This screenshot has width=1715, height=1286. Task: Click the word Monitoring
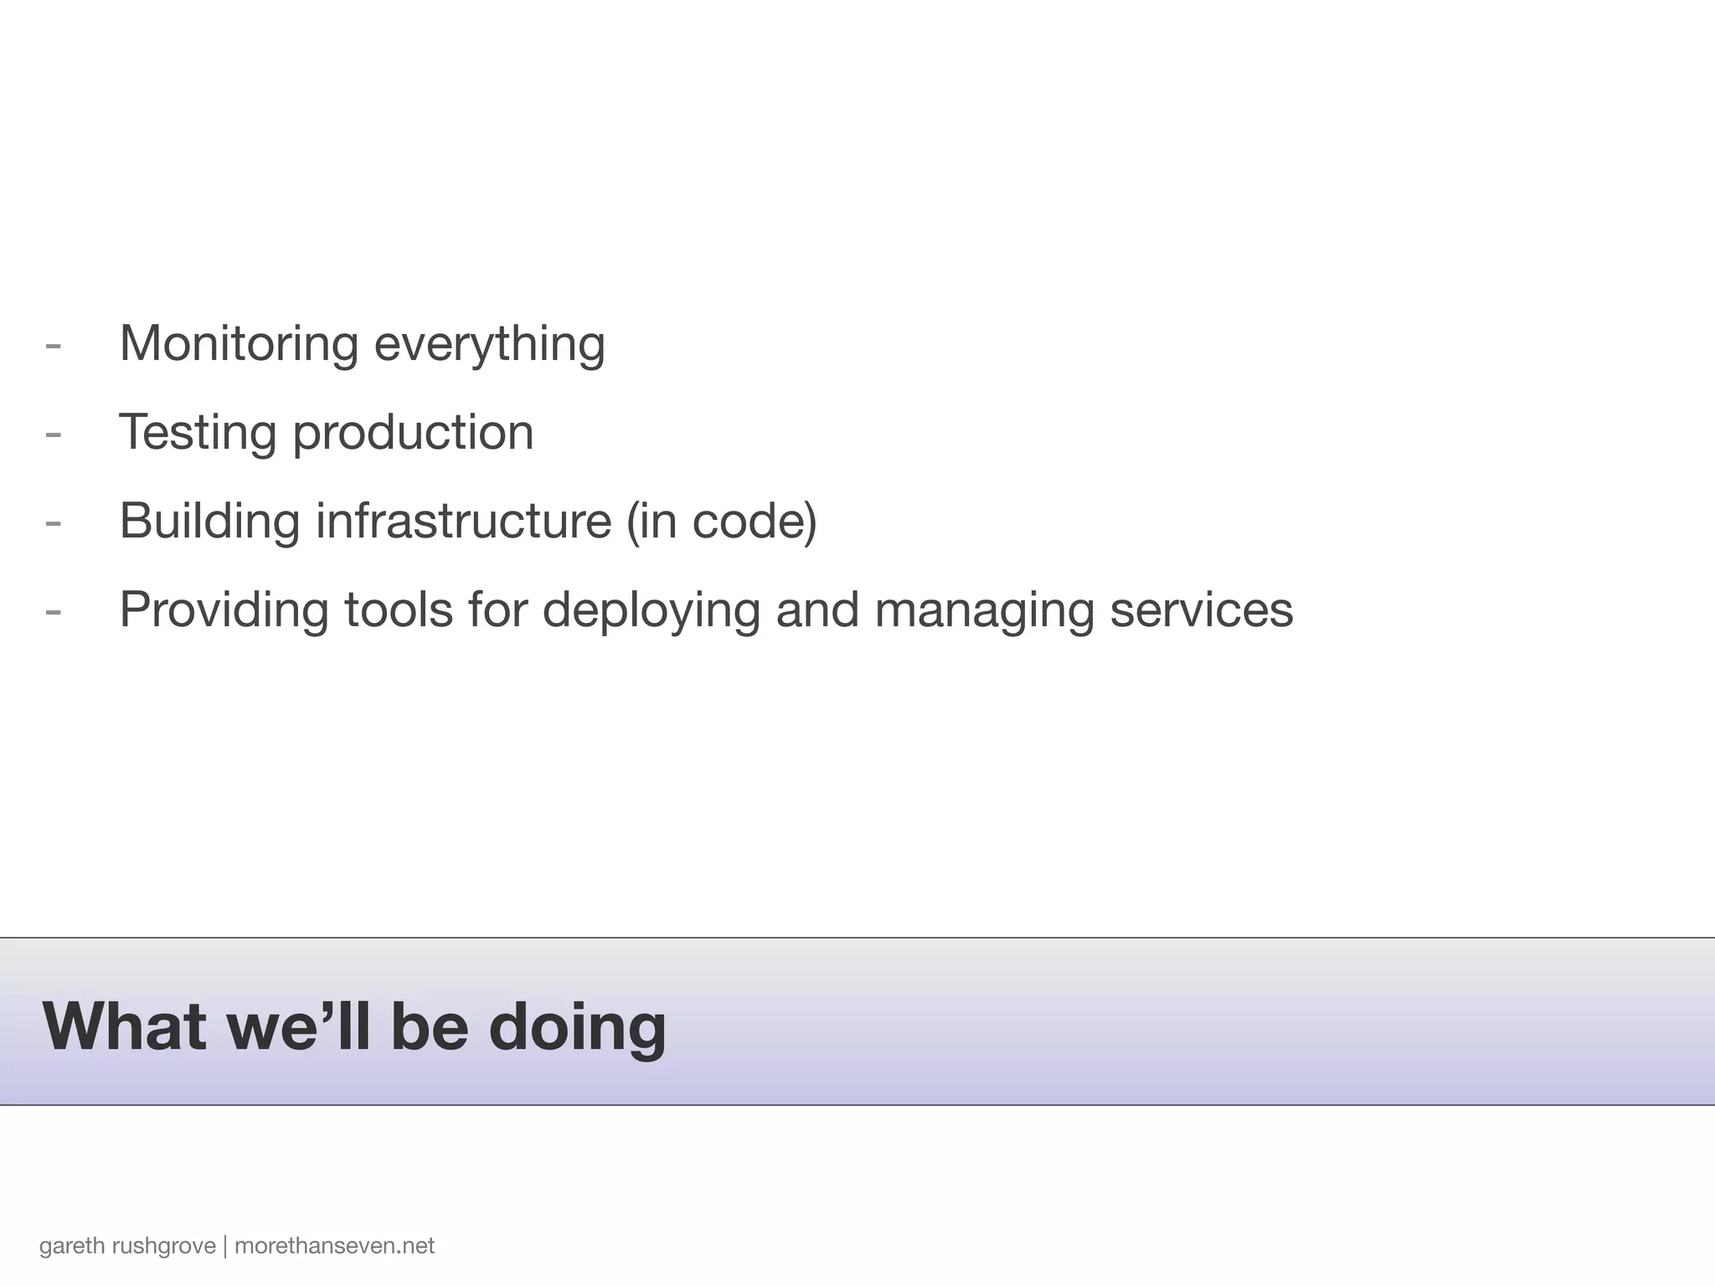(x=239, y=344)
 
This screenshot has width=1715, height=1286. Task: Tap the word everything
(x=489, y=344)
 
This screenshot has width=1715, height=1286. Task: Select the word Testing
(x=198, y=433)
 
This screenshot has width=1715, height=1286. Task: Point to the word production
(x=413, y=433)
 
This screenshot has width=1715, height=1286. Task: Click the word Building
(x=209, y=521)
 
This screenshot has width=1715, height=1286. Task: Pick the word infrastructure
(x=463, y=521)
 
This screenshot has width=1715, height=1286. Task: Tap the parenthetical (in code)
(x=721, y=521)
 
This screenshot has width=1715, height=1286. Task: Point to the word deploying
(x=651, y=610)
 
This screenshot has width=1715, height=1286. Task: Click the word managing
(x=984, y=610)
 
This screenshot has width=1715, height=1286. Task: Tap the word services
(x=1202, y=610)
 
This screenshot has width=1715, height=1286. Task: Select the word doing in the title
(x=577, y=1026)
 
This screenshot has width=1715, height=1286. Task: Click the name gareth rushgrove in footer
(x=127, y=1246)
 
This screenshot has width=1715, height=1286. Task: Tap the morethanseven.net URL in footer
(x=334, y=1246)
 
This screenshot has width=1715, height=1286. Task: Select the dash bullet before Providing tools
(x=53, y=611)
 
